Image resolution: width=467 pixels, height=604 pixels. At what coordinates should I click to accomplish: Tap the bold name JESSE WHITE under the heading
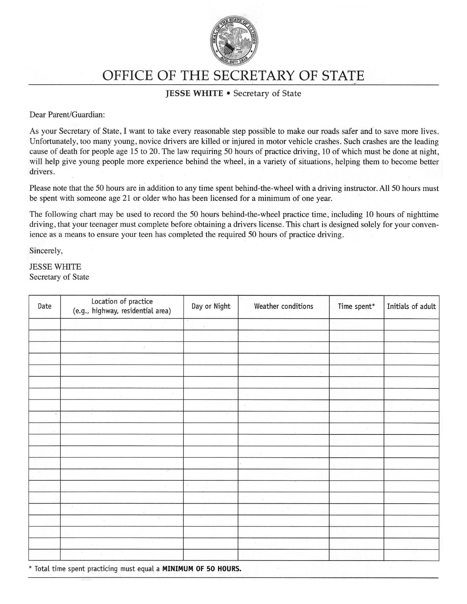pos(194,93)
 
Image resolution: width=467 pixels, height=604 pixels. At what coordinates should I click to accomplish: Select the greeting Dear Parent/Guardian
pos(67,115)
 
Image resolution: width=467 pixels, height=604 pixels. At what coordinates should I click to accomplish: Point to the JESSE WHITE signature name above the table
pos(55,267)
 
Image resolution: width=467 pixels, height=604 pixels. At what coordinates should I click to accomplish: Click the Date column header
pos(44,306)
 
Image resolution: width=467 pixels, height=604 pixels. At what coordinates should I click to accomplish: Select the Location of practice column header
pos(122,306)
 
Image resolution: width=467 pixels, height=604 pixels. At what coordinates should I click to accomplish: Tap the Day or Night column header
pos(211,306)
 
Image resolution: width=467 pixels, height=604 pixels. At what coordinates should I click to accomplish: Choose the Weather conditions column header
pos(284,306)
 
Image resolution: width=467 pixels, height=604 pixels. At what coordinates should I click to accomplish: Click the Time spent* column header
pos(356,306)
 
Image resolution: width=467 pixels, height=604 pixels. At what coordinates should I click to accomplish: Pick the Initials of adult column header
pos(411,306)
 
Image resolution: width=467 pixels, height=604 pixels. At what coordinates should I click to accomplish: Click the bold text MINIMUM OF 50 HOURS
pos(202,569)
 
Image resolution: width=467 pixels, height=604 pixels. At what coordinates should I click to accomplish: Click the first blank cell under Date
pos(44,324)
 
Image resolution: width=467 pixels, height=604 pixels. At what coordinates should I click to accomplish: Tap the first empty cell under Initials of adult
pos(411,324)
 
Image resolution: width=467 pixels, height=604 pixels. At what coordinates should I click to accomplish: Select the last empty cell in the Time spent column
pos(356,555)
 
